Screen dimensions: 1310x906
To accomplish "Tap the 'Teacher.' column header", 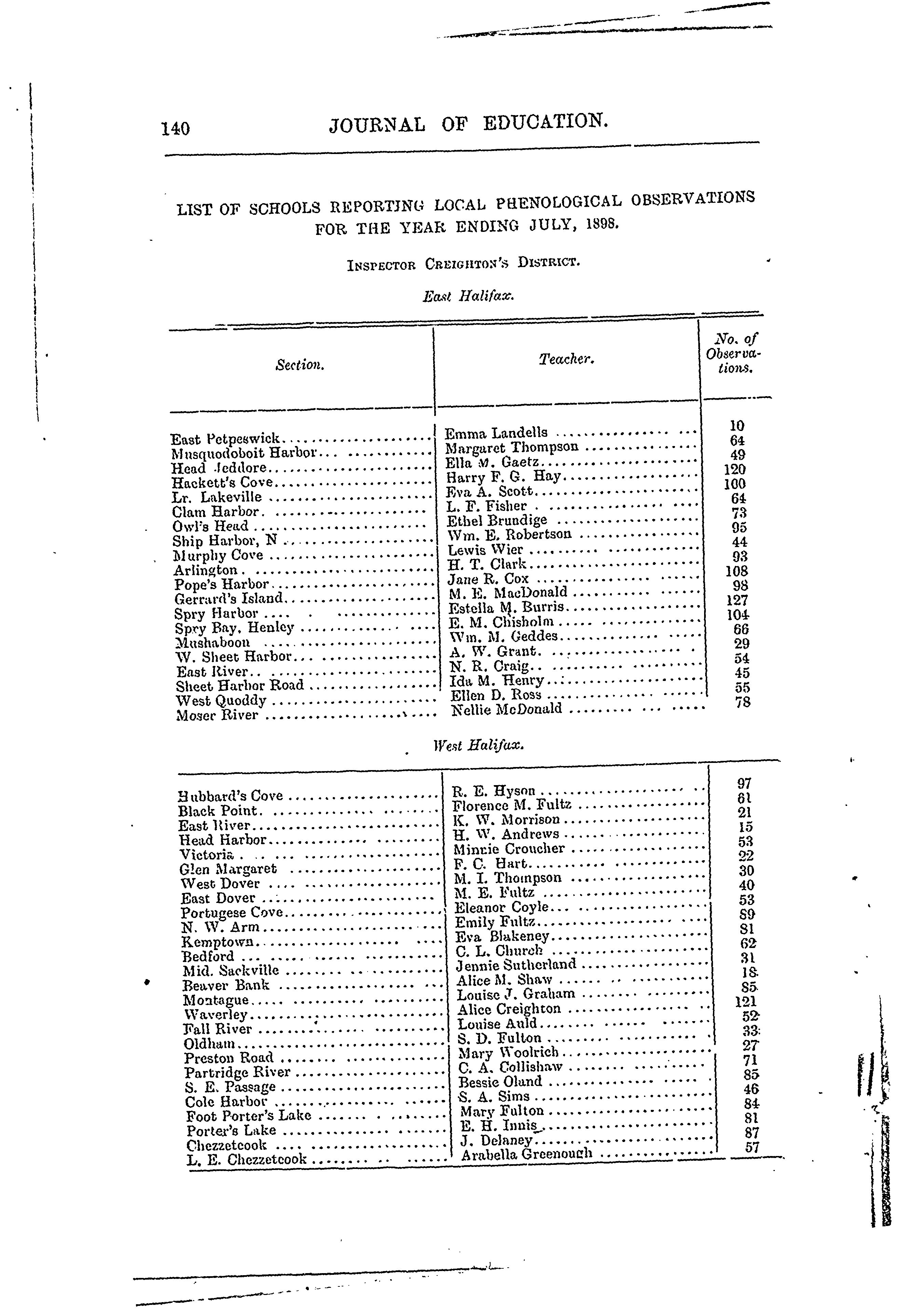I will (566, 359).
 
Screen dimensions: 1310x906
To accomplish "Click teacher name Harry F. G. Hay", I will (503, 477).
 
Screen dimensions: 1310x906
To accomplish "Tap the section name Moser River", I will (217, 715).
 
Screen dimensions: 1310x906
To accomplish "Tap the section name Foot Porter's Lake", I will (249, 1116).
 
